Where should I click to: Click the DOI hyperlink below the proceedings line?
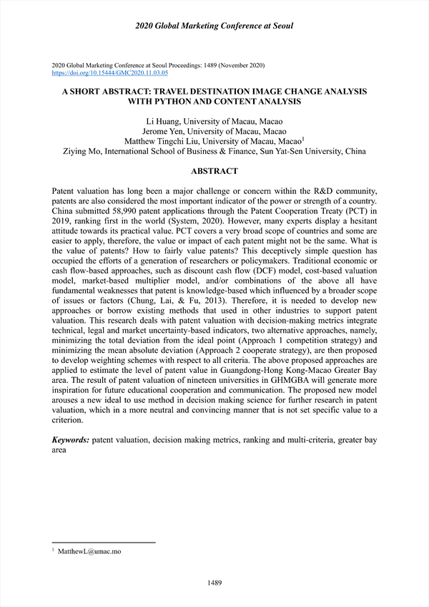click(x=110, y=73)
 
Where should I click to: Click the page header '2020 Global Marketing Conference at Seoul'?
click(x=214, y=26)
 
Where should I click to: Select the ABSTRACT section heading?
click(x=214, y=172)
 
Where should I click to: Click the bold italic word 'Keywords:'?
click(x=71, y=440)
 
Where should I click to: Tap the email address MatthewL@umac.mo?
click(x=90, y=553)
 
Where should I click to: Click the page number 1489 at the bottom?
click(x=214, y=583)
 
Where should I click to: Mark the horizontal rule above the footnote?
click(x=104, y=543)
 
